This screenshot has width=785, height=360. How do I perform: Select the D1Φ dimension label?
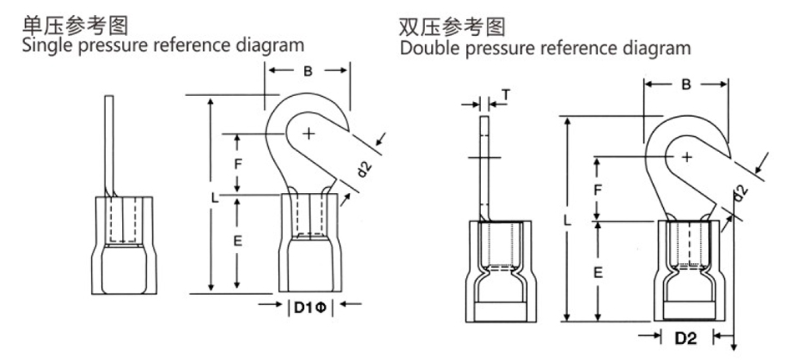click(311, 307)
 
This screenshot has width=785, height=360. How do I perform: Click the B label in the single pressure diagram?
click(307, 72)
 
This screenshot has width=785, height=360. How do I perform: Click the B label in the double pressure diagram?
click(686, 84)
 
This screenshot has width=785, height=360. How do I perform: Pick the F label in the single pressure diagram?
click(237, 164)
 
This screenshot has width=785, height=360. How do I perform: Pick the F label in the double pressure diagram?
click(597, 189)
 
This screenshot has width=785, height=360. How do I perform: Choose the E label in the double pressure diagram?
click(598, 272)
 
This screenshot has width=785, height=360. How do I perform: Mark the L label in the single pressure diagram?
click(215, 198)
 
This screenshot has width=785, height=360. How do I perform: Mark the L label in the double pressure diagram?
click(568, 221)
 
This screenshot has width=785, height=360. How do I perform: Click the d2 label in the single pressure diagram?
click(363, 170)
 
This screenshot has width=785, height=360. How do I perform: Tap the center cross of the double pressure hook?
click(686, 156)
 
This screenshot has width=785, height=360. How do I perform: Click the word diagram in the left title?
click(269, 43)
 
